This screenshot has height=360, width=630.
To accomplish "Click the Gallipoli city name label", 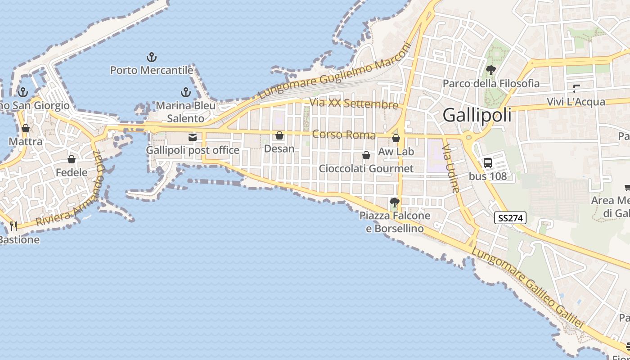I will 477,115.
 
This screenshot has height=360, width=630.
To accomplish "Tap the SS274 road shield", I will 510,218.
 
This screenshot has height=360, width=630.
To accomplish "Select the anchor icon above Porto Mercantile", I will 152,57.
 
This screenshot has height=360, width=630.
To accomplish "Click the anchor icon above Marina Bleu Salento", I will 185,92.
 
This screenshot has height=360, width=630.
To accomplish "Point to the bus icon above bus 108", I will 487,163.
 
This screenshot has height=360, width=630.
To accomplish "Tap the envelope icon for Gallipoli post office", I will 193,137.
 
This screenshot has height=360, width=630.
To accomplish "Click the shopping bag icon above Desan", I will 279,135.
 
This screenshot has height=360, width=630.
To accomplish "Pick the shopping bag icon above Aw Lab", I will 396,138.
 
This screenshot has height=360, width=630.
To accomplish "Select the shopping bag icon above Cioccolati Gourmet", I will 366,155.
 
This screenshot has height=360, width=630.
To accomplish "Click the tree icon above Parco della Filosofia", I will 490,70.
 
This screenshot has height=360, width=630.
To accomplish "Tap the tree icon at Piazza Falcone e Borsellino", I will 395,202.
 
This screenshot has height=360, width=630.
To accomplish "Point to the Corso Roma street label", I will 344,135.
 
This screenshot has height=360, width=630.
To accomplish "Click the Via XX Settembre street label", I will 354,103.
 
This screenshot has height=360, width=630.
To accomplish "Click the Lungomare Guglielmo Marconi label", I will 335,71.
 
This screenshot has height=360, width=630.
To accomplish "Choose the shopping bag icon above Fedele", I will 71,159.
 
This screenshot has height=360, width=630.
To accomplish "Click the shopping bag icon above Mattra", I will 26,128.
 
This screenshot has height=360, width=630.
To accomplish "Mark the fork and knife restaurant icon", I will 13,226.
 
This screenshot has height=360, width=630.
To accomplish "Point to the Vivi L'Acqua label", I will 576,102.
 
